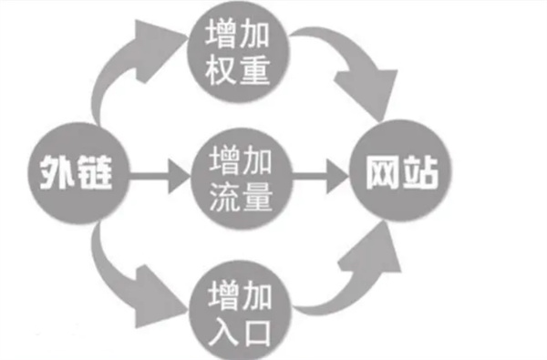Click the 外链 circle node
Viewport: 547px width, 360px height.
pyautogui.click(x=77, y=171)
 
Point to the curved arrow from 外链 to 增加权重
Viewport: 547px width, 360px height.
pyautogui.click(x=128, y=68)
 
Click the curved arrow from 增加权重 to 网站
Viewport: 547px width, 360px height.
pyautogui.click(x=351, y=68)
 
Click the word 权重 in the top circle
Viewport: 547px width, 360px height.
pyautogui.click(x=239, y=71)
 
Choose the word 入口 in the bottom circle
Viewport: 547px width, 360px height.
pyautogui.click(x=239, y=322)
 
